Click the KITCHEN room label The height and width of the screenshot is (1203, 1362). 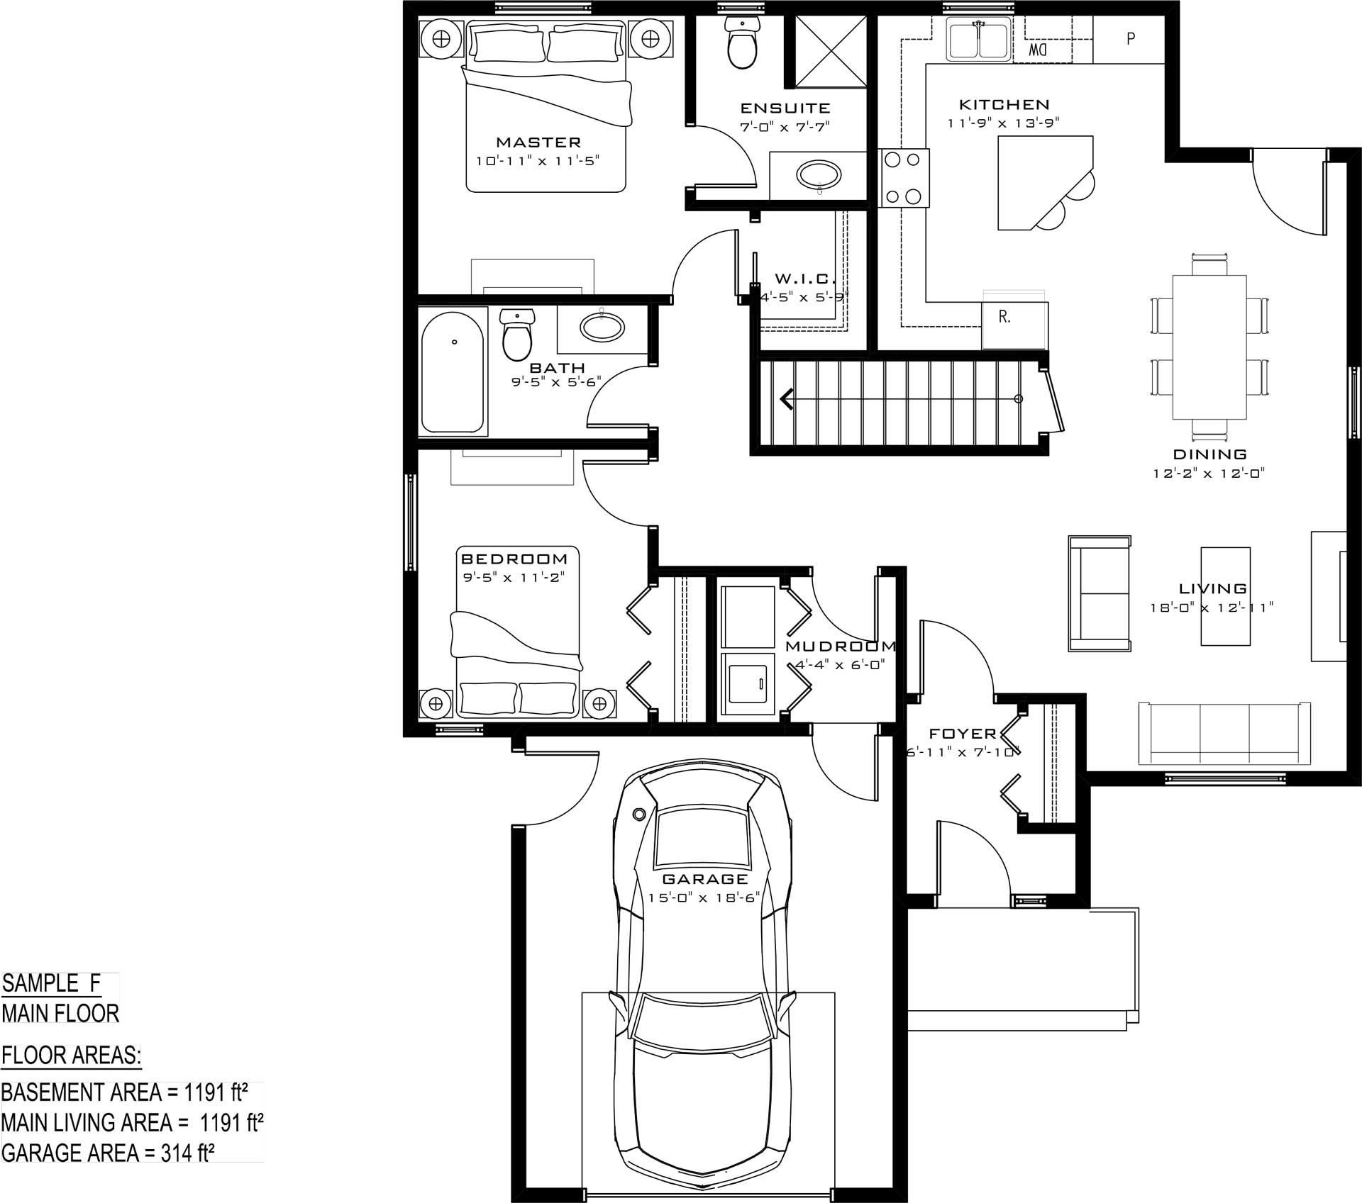click(1004, 105)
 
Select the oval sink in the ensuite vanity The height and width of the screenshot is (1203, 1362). click(819, 173)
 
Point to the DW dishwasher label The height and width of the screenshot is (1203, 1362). click(1038, 50)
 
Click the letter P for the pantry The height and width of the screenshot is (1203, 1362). click(1131, 38)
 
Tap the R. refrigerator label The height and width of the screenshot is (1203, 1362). click(1004, 317)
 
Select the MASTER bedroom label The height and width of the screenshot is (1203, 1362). click(538, 142)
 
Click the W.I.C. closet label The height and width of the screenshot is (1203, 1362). click(805, 279)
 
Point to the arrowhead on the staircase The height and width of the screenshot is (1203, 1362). click(786, 399)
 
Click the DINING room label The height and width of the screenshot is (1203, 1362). click(1209, 454)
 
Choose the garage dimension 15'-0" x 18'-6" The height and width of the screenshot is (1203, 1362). click(704, 897)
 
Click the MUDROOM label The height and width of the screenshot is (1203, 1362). click(841, 647)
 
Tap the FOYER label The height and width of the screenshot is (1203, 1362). click(963, 734)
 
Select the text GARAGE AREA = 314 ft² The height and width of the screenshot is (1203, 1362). click(108, 1153)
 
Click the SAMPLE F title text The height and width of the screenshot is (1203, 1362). click(51, 983)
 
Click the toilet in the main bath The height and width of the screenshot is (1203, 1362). click(516, 335)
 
